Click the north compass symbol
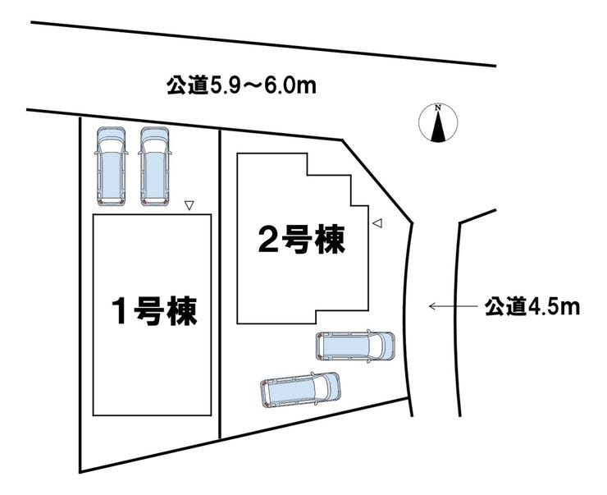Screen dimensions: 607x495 tap(439, 124)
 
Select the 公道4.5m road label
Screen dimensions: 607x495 tap(532, 307)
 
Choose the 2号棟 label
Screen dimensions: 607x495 tap(300, 239)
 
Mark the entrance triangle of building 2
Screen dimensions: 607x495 tap(377, 222)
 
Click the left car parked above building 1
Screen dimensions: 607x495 tap(110, 166)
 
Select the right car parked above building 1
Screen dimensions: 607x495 tap(153, 166)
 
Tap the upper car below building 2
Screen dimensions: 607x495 tap(355, 346)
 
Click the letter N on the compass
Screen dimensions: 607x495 tap(439, 108)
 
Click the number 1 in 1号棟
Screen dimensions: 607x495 tap(121, 313)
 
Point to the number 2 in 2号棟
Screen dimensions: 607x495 tap(267, 239)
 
